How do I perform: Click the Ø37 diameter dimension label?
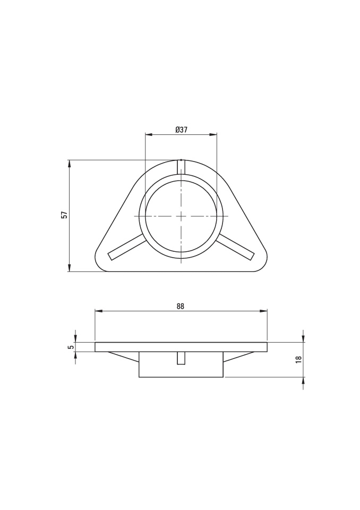click(181, 130)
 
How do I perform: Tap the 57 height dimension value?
click(64, 215)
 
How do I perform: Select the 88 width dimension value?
click(181, 306)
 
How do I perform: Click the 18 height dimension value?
click(299, 359)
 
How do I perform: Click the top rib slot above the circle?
click(181, 167)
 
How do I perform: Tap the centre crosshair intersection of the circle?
click(181, 216)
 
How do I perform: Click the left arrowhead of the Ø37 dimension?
click(148, 134)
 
